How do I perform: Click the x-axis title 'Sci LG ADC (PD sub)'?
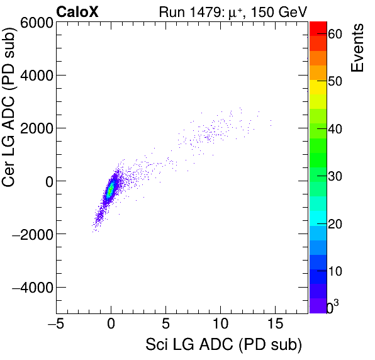[223, 345]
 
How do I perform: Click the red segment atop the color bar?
[318, 28]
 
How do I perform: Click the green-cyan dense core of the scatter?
[111, 189]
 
